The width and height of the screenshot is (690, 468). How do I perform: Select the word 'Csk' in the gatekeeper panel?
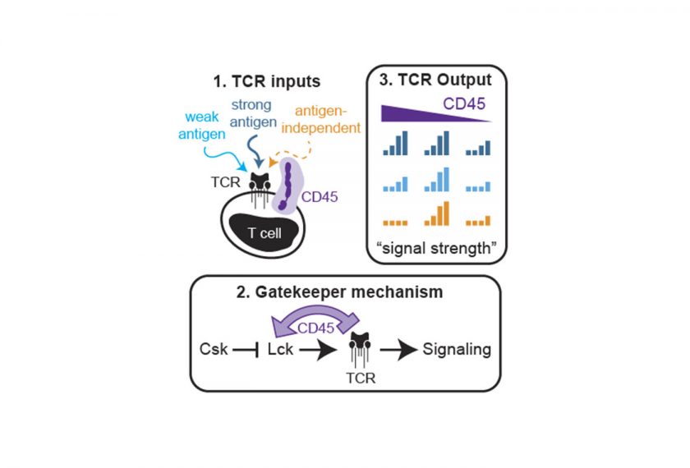(x=211, y=350)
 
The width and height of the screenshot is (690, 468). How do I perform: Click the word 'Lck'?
(x=282, y=350)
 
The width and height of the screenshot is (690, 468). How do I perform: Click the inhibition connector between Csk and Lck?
(x=246, y=350)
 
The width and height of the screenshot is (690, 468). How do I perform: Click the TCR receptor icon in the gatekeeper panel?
(x=355, y=350)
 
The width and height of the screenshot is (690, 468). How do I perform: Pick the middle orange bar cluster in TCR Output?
(x=435, y=213)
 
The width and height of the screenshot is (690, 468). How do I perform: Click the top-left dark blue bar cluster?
(x=395, y=145)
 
